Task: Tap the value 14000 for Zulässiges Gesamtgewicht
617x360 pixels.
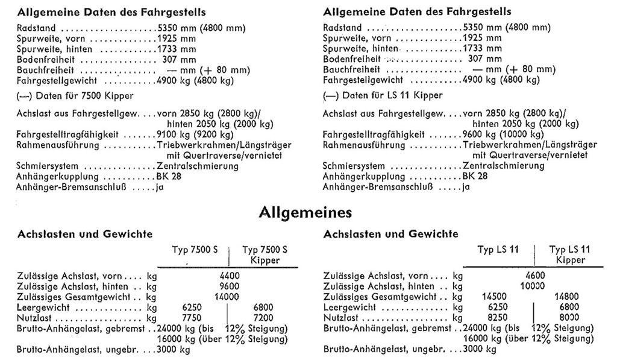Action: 226,297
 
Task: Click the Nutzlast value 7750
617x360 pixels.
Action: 190,318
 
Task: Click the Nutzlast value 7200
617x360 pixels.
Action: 263,318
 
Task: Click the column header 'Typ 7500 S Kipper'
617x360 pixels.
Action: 265,255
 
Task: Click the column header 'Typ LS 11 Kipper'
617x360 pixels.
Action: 571,255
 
